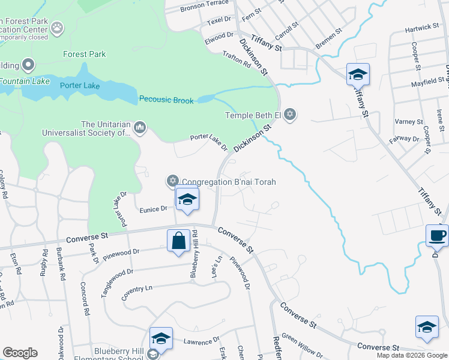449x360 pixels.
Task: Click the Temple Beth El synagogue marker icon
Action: click(x=291, y=114)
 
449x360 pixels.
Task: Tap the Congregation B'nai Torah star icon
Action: click(x=172, y=181)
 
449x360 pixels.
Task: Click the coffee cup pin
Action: click(x=437, y=235)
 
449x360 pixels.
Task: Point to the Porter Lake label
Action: click(x=79, y=86)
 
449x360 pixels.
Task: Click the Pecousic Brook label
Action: click(x=166, y=100)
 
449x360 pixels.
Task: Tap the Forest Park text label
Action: click(x=85, y=54)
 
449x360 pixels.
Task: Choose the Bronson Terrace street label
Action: click(x=205, y=6)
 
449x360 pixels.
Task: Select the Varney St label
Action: click(x=409, y=122)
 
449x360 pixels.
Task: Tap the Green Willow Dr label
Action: click(x=303, y=344)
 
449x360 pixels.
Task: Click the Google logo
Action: click(x=20, y=353)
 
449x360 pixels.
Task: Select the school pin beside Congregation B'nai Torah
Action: click(x=187, y=200)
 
